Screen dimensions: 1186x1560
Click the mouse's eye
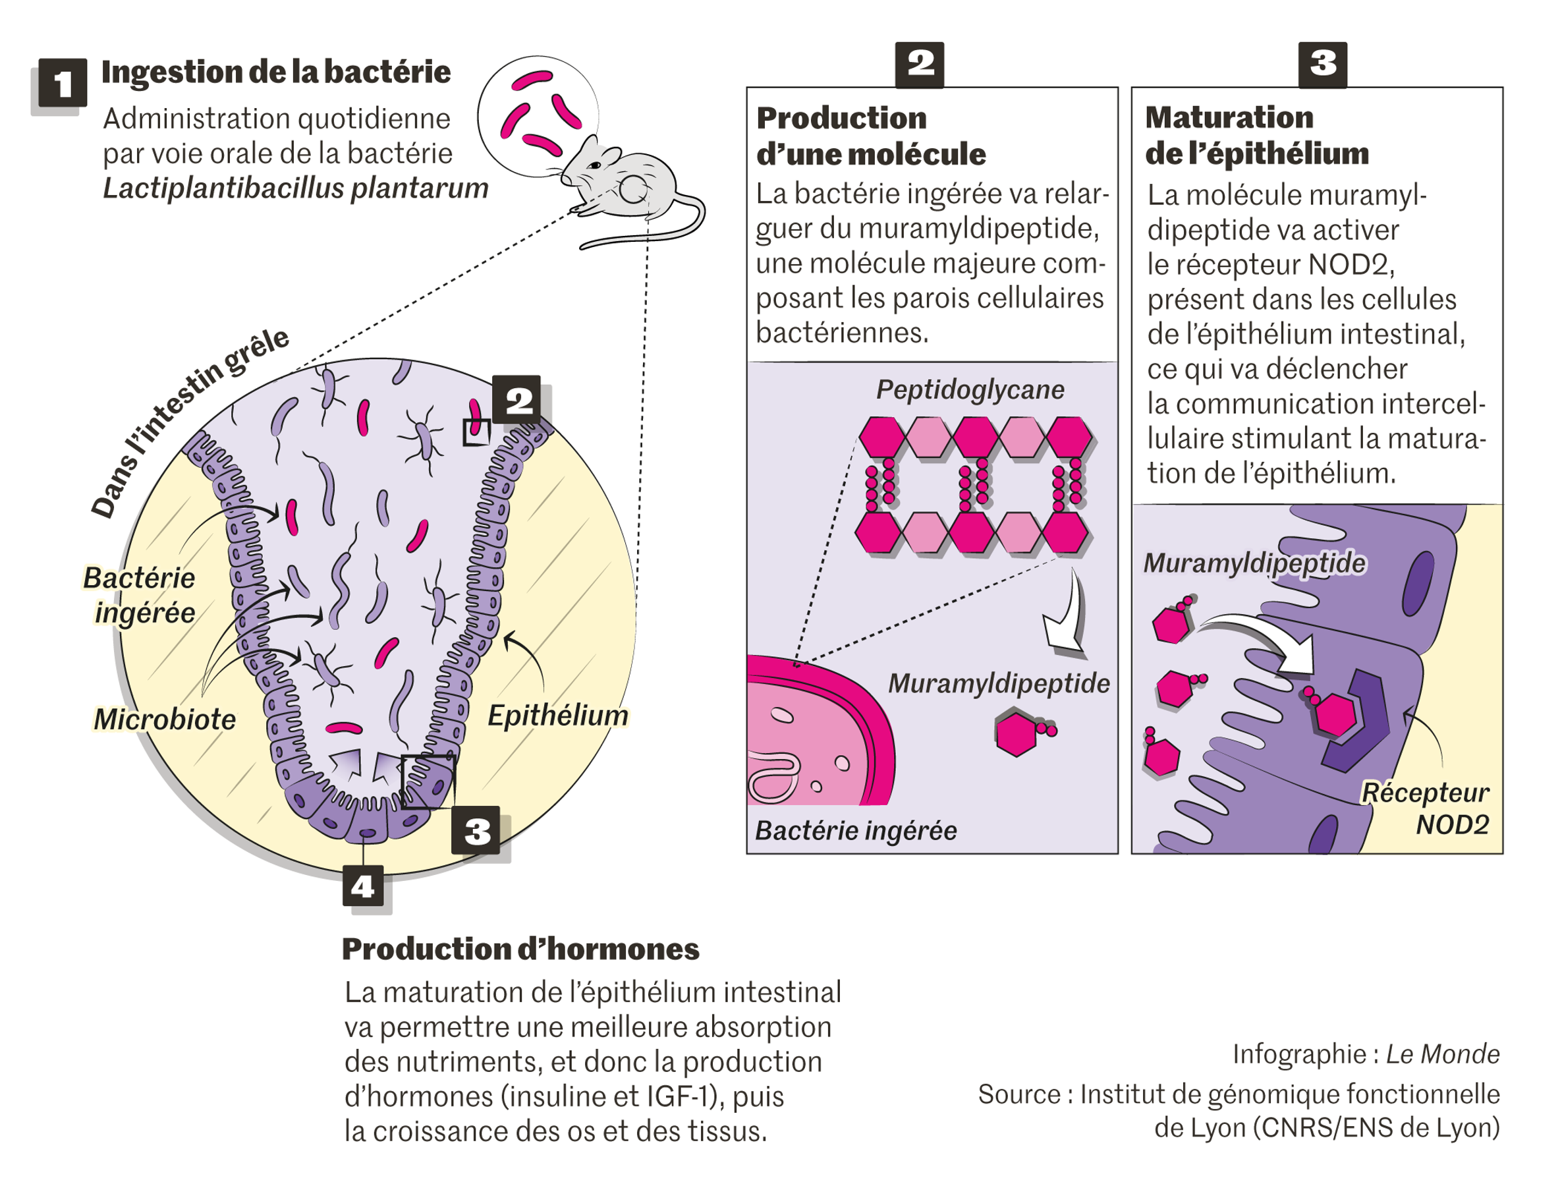[x=595, y=165]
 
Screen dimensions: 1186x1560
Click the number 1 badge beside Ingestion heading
[x=62, y=83]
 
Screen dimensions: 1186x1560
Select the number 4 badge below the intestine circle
[x=363, y=886]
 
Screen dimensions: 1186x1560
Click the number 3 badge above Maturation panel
[x=1322, y=65]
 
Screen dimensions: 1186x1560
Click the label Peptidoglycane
[x=970, y=389]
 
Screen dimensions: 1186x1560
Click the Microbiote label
[x=165, y=720]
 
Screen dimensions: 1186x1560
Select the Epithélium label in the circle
[x=557, y=716]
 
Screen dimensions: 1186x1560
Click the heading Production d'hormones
[x=520, y=949]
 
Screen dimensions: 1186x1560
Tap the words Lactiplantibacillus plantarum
[x=296, y=188]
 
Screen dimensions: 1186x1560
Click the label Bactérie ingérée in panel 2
[x=856, y=831]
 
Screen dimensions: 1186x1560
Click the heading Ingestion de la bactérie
[x=276, y=72]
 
